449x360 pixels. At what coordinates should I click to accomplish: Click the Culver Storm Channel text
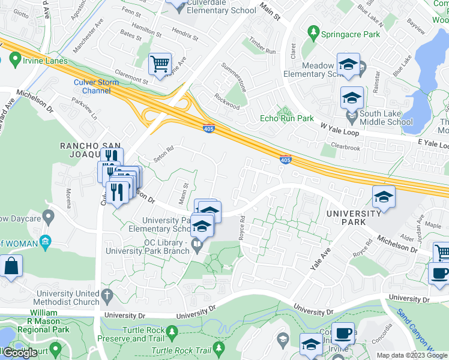point(92,86)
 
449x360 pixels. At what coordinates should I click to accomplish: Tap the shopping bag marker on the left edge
point(11,267)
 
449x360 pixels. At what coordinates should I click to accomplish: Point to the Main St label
point(270,11)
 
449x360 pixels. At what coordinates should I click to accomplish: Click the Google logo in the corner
point(19,353)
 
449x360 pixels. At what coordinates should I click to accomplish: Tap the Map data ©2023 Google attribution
point(411,355)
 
